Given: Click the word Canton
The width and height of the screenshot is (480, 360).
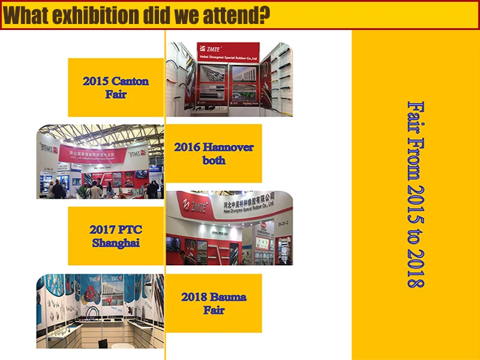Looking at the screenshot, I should tap(130, 81).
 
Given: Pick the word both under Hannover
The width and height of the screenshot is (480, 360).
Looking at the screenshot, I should tap(214, 160).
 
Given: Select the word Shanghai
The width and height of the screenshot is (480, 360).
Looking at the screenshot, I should tap(116, 243).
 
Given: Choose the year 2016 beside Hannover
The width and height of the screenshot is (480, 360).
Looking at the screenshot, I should tap(187, 147).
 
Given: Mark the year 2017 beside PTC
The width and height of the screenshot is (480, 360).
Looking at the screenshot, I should tap(102, 230).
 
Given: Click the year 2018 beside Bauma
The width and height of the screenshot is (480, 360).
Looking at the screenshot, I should tap(194, 297).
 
